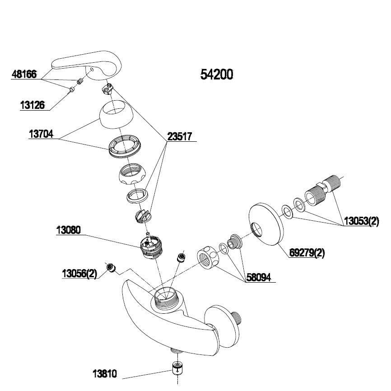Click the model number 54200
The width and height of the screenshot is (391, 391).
217,74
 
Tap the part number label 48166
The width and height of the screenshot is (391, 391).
24,74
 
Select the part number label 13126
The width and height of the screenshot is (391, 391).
33,105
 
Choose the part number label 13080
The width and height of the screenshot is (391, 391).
68,230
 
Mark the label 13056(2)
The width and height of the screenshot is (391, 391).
79,274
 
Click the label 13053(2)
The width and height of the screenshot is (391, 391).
361,222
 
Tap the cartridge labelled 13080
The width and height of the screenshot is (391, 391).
151,247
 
